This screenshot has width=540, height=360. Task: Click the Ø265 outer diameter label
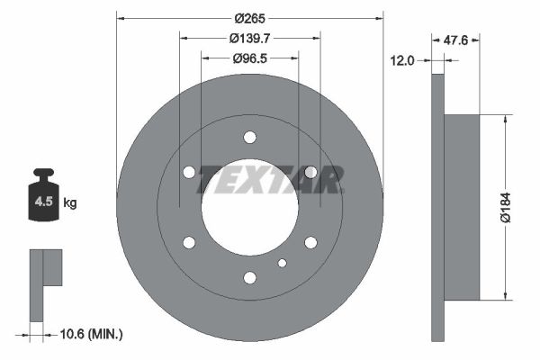coord(249,18)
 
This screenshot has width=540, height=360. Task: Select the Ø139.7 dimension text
coord(249,38)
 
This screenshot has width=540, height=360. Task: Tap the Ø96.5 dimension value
coord(249,58)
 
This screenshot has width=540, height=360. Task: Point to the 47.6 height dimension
coord(455,40)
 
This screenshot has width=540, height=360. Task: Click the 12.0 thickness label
coord(402,60)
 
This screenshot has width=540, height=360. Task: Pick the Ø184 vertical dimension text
coord(506,207)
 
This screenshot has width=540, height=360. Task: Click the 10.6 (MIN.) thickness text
coord(91,334)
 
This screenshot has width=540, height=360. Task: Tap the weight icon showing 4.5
coord(44,194)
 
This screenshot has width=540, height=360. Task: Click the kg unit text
coord(70,202)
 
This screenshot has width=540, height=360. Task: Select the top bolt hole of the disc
coord(249,138)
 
